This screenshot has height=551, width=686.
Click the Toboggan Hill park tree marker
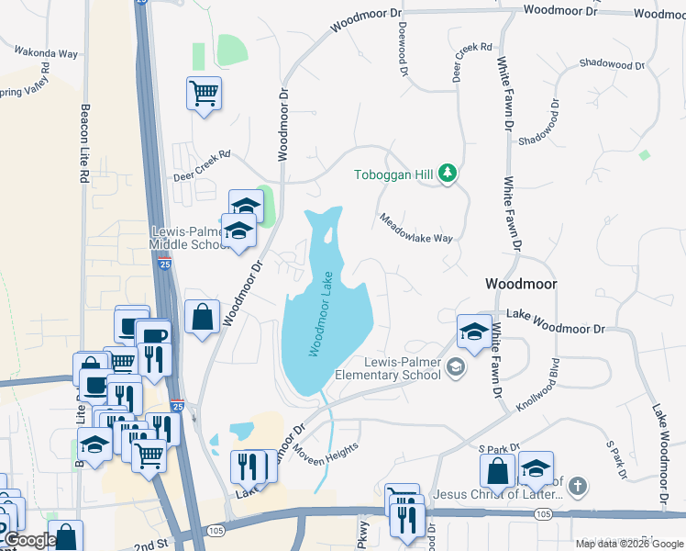(x=448, y=173)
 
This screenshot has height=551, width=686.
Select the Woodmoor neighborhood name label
(x=520, y=285)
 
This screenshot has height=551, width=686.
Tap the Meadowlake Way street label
(x=417, y=227)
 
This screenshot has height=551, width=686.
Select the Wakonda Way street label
(x=45, y=53)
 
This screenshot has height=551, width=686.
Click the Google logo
(x=28, y=540)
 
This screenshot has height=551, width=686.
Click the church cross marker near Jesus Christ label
(x=577, y=484)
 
